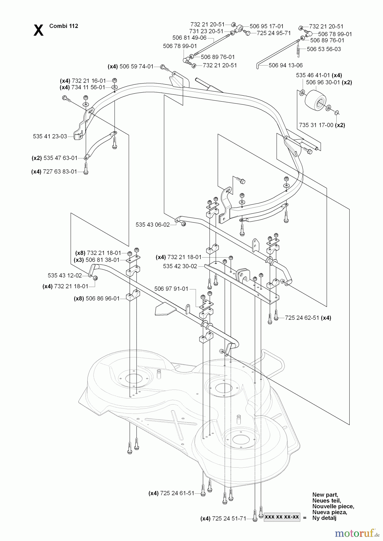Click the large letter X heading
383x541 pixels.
tap(38, 30)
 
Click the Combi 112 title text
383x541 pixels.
tap(63, 26)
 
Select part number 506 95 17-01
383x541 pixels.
tap(266, 26)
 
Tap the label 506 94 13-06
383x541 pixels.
tap(286, 65)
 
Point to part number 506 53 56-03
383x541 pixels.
tap(324, 49)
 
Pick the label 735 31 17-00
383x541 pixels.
tap(316, 125)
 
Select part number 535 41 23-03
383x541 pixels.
tap(50, 136)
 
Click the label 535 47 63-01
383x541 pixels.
tap(60, 158)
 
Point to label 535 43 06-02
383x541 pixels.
tap(153, 225)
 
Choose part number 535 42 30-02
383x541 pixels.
tap(180, 266)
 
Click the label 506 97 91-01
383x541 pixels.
tap(171, 289)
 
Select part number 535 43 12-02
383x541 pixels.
tap(65, 275)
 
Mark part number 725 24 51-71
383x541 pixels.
tap(229, 518)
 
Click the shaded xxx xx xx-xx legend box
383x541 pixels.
tap(282, 517)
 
